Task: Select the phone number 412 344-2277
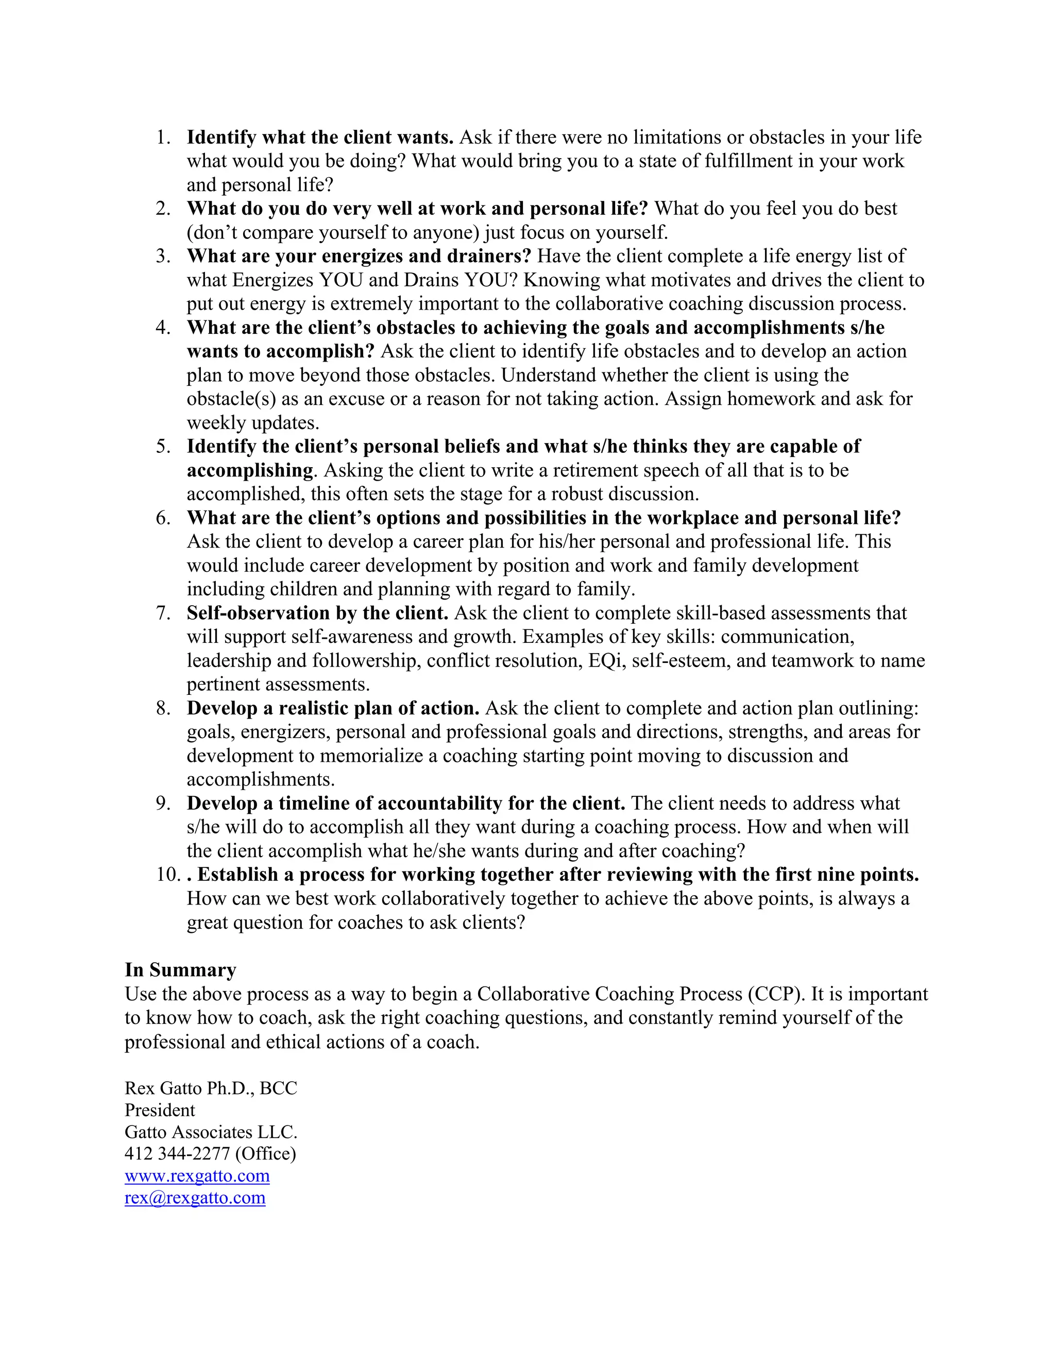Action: click(178, 1153)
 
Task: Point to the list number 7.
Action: click(163, 613)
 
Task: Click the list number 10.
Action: click(168, 875)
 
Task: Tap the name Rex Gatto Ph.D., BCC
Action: click(211, 1088)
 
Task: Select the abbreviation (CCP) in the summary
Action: click(774, 994)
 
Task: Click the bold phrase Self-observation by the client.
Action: click(317, 613)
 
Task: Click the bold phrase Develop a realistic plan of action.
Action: click(332, 708)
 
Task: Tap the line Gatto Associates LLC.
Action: click(211, 1132)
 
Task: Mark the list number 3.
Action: click(163, 256)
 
